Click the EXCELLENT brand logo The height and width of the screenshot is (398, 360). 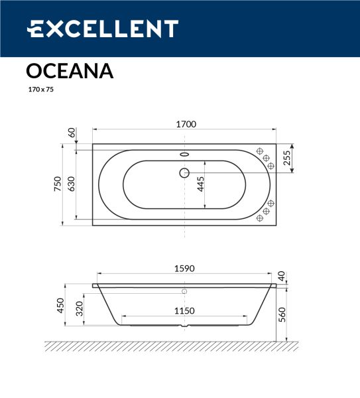tap(103, 29)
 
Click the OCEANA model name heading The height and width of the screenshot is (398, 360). tap(70, 71)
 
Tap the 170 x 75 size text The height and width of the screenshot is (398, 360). tap(41, 90)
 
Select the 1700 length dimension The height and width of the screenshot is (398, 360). tap(186, 124)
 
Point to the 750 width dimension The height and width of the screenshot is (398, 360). tap(58, 184)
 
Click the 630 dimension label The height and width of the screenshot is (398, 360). tap(72, 184)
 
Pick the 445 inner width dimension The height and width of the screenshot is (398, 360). tap(200, 184)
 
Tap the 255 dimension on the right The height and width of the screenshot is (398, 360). tap(286, 158)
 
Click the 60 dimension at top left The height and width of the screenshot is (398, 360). tap(72, 133)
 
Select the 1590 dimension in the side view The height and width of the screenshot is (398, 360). tap(184, 269)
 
